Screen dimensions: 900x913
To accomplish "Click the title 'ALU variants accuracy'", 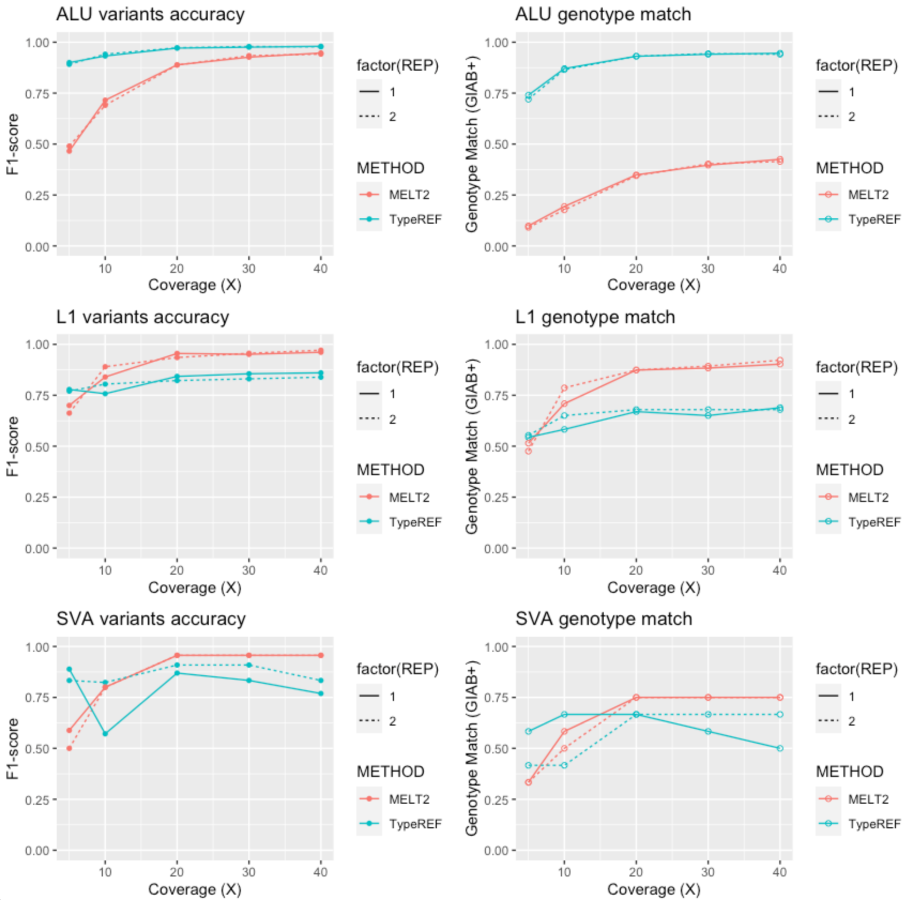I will (x=150, y=14).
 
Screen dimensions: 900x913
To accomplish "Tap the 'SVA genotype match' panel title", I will (x=604, y=619).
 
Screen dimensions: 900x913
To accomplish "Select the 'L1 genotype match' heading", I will (x=595, y=317).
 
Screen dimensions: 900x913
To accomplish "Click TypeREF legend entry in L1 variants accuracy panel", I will (x=415, y=522).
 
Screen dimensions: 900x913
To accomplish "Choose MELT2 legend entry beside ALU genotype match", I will (x=868, y=195).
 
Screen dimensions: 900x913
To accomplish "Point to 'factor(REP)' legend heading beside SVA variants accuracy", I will (x=398, y=669).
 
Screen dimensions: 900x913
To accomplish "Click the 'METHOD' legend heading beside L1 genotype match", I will (x=849, y=470).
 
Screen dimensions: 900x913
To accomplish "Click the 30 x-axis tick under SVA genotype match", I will (x=708, y=872).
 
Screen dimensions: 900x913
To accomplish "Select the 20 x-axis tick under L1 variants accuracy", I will (x=177, y=570).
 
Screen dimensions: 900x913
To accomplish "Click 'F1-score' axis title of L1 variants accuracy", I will (x=13, y=446).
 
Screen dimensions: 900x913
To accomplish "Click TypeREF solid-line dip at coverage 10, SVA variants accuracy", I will (x=105, y=734).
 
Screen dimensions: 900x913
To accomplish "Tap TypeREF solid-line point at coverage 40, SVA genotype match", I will (x=780, y=748).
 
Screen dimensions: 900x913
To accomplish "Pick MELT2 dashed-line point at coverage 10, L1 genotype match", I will (x=564, y=388).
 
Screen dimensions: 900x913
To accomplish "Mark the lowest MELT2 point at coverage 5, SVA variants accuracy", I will (x=69, y=748).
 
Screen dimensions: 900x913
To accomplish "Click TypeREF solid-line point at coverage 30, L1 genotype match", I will (x=708, y=415).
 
